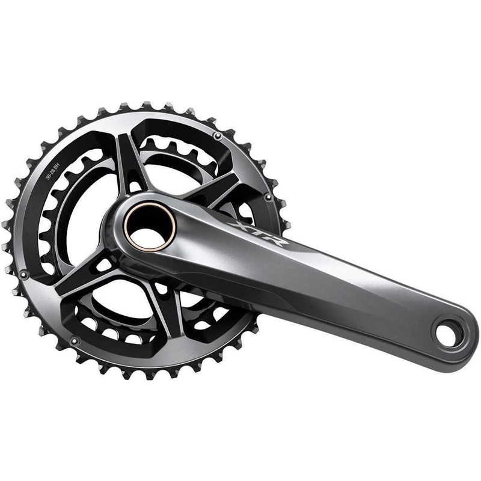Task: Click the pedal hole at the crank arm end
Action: tap(446, 335)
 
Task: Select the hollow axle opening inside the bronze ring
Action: tap(149, 227)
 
